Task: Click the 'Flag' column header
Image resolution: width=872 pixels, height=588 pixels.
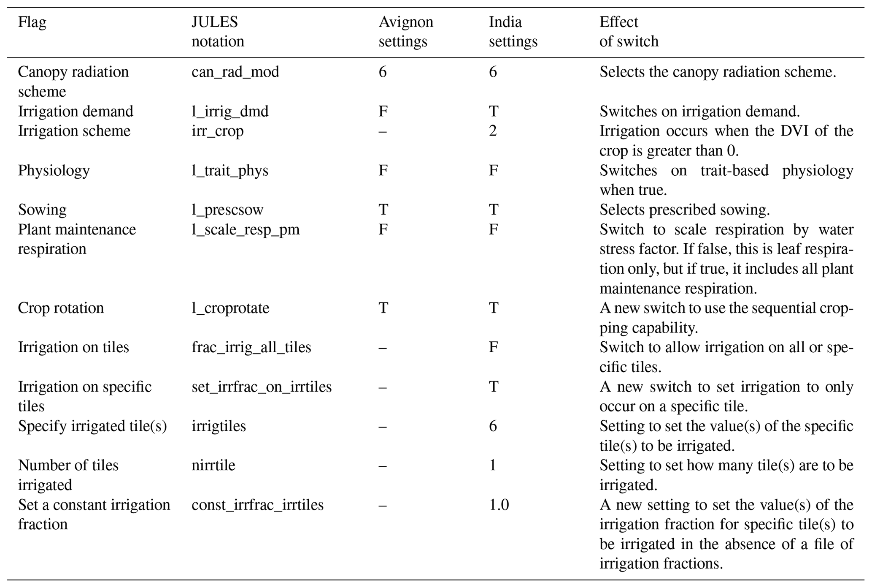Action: tap(32, 22)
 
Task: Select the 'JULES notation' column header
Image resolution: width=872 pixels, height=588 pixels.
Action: tap(217, 32)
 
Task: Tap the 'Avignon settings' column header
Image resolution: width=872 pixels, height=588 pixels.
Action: tap(405, 32)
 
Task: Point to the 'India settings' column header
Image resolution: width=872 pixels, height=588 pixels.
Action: tap(513, 32)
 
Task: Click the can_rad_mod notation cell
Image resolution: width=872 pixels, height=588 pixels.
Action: tap(235, 72)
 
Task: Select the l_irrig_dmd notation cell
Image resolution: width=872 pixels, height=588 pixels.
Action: tap(229, 112)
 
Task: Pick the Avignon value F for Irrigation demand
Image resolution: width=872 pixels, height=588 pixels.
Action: tap(383, 112)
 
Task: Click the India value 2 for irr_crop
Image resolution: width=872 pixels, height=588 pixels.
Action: tap(493, 131)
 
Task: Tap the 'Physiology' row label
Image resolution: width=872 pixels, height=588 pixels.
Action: tap(54, 171)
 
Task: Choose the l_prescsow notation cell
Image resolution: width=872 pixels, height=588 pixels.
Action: tap(227, 210)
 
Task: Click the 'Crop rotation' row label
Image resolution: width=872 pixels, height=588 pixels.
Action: tap(60, 308)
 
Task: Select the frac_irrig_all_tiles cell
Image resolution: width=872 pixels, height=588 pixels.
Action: tap(251, 347)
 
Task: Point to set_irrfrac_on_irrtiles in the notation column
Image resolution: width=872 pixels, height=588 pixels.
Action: tap(261, 387)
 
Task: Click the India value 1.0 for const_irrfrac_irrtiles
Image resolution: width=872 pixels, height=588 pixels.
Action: tap(499, 505)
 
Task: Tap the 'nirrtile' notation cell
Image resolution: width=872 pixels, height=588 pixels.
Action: tap(213, 465)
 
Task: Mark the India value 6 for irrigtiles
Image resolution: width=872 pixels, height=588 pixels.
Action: tap(493, 426)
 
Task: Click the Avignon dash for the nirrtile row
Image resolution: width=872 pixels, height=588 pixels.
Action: tap(382, 465)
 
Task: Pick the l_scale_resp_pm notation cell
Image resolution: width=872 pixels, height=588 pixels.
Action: tap(245, 229)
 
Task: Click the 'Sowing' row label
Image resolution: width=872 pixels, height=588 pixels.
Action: tap(42, 210)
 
